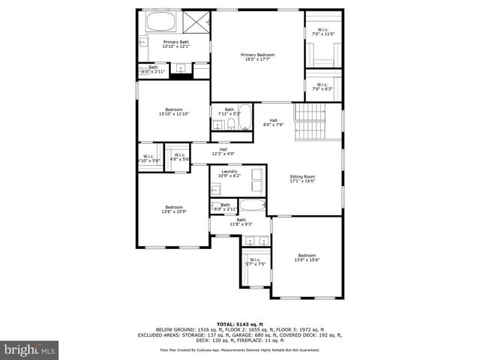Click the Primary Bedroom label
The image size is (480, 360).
(x=257, y=58)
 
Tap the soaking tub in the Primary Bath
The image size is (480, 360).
(x=160, y=22)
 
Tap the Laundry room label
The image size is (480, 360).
(x=229, y=173)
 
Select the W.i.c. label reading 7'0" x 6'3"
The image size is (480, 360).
(x=323, y=86)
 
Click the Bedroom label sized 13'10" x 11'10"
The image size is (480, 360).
(x=174, y=112)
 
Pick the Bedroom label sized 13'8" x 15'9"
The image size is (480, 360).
(x=173, y=209)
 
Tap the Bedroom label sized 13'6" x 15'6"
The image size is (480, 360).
(x=307, y=256)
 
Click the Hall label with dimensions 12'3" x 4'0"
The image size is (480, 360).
(x=223, y=151)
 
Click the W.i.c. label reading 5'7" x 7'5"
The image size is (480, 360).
(x=256, y=262)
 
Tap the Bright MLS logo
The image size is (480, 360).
(x=30, y=349)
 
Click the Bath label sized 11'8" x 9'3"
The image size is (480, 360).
(x=241, y=222)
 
